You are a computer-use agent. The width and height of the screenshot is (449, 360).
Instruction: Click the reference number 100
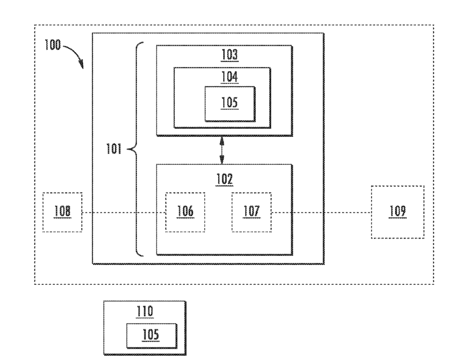(53, 45)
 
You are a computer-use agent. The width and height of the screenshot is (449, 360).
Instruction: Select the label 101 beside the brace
(114, 149)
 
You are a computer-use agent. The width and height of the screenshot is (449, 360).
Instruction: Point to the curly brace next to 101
(135, 149)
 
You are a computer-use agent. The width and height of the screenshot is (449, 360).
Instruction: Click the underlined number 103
(230, 55)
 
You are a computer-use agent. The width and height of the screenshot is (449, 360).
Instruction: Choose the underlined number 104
(229, 77)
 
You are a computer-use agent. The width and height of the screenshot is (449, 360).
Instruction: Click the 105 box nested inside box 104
(230, 104)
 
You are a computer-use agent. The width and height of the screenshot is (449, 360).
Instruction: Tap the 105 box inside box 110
(152, 336)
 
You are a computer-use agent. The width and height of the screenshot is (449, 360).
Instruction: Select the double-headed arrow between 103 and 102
(222, 150)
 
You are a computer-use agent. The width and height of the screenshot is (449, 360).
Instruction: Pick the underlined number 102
(224, 179)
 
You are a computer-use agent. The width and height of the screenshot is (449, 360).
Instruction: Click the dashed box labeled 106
(185, 212)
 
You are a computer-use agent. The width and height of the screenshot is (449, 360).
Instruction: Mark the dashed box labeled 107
(251, 212)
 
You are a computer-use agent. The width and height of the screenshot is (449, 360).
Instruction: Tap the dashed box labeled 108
(62, 212)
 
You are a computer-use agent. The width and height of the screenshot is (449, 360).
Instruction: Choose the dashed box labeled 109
(398, 212)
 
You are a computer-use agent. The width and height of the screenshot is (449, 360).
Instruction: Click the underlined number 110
(144, 311)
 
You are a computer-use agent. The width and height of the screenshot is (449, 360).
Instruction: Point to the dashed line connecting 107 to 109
(321, 213)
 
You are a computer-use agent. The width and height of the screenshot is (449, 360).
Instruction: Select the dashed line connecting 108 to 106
(124, 213)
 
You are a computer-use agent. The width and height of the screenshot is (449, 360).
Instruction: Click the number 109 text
(397, 211)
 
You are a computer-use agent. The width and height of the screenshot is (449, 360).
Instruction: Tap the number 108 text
(62, 211)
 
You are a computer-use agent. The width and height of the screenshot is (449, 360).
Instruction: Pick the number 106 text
(185, 211)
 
